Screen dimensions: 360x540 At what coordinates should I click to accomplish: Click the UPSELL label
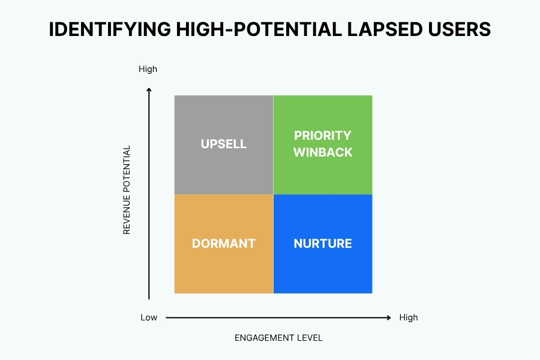click(x=223, y=144)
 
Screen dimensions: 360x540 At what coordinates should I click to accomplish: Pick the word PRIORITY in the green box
click(x=323, y=136)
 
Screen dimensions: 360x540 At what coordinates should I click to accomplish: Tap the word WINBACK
click(x=323, y=152)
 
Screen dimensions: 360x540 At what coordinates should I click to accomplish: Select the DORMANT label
click(x=223, y=244)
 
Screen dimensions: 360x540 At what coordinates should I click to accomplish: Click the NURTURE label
click(x=323, y=244)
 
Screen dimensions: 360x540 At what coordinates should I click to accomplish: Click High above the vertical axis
click(x=148, y=69)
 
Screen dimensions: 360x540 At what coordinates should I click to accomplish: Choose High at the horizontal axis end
click(x=408, y=317)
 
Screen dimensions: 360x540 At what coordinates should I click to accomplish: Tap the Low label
click(x=149, y=317)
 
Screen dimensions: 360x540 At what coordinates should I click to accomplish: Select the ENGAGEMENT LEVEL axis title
click(x=278, y=338)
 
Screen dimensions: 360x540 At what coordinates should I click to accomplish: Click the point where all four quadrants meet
click(x=273, y=194)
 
